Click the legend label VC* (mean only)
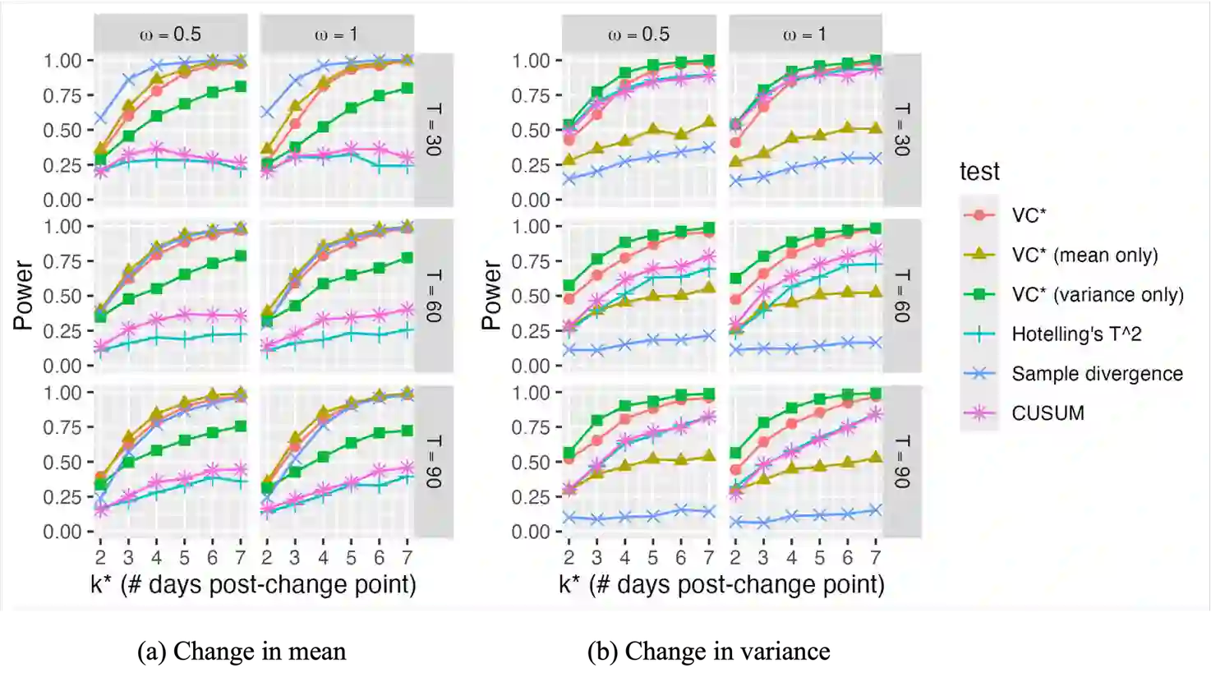click(x=1084, y=255)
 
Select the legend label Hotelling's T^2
click(x=1076, y=334)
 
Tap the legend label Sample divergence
click(x=1097, y=373)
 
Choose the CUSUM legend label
click(x=1048, y=412)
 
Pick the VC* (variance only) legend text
click(x=1098, y=294)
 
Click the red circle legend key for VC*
click(x=979, y=215)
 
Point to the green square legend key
click(x=979, y=294)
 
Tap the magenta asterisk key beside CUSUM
click(x=979, y=412)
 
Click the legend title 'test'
click(x=979, y=171)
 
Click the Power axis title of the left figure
click(x=23, y=295)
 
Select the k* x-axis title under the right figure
click(x=721, y=584)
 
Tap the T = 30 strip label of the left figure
click(x=434, y=130)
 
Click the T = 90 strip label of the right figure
click(x=902, y=462)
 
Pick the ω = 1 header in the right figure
click(x=805, y=35)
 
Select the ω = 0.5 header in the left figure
click(x=170, y=35)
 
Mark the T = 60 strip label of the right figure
click(x=902, y=296)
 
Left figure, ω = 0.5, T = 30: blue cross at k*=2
click(x=100, y=118)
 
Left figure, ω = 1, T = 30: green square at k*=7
click(x=407, y=88)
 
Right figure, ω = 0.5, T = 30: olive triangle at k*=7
click(x=708, y=122)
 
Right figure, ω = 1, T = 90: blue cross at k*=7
click(x=876, y=510)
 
